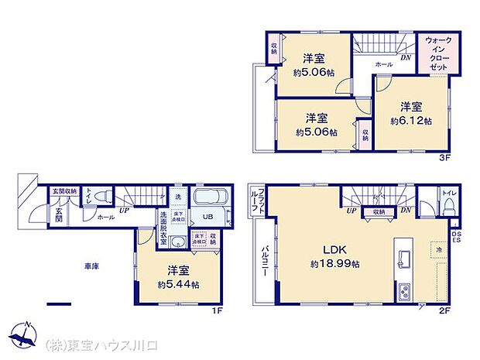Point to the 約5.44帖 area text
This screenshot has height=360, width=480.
click(x=178, y=284)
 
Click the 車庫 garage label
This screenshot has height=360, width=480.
click(x=91, y=266)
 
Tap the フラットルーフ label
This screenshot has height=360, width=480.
click(x=262, y=201)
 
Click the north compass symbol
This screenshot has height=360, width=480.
click(x=26, y=335)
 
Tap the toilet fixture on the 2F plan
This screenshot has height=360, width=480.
click(x=447, y=206)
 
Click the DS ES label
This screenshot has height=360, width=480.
click(x=456, y=235)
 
